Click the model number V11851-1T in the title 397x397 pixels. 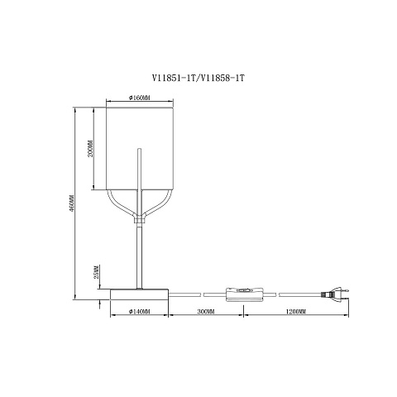tap(174, 79)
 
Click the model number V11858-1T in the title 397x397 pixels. tap(222, 79)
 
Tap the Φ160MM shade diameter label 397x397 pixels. tap(140, 98)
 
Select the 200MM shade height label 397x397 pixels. tap(90, 149)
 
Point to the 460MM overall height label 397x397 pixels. tap(71, 203)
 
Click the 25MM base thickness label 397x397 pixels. tap(96, 272)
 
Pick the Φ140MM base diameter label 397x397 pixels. tap(140, 312)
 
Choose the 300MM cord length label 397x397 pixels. tap(206, 312)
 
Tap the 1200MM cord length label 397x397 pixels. tap(296, 312)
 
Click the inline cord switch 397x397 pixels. tap(245, 294)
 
